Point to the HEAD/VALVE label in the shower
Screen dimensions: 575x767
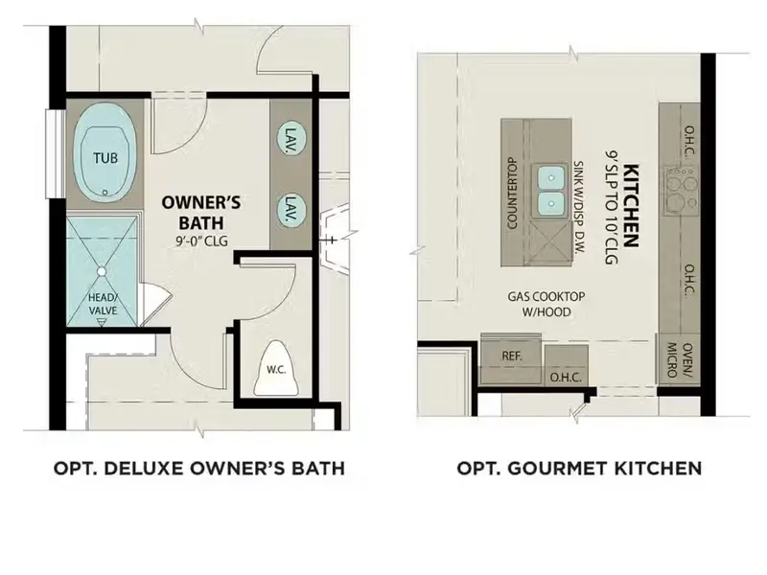pos(104,303)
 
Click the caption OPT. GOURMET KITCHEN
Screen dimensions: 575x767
pos(579,469)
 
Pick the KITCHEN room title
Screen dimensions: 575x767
pos(631,203)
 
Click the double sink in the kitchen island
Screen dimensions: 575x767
pos(551,189)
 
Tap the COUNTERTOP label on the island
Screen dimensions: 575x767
pos(512,193)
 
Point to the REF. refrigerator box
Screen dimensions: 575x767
pos(511,356)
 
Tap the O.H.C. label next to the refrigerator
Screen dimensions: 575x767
pos(566,377)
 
